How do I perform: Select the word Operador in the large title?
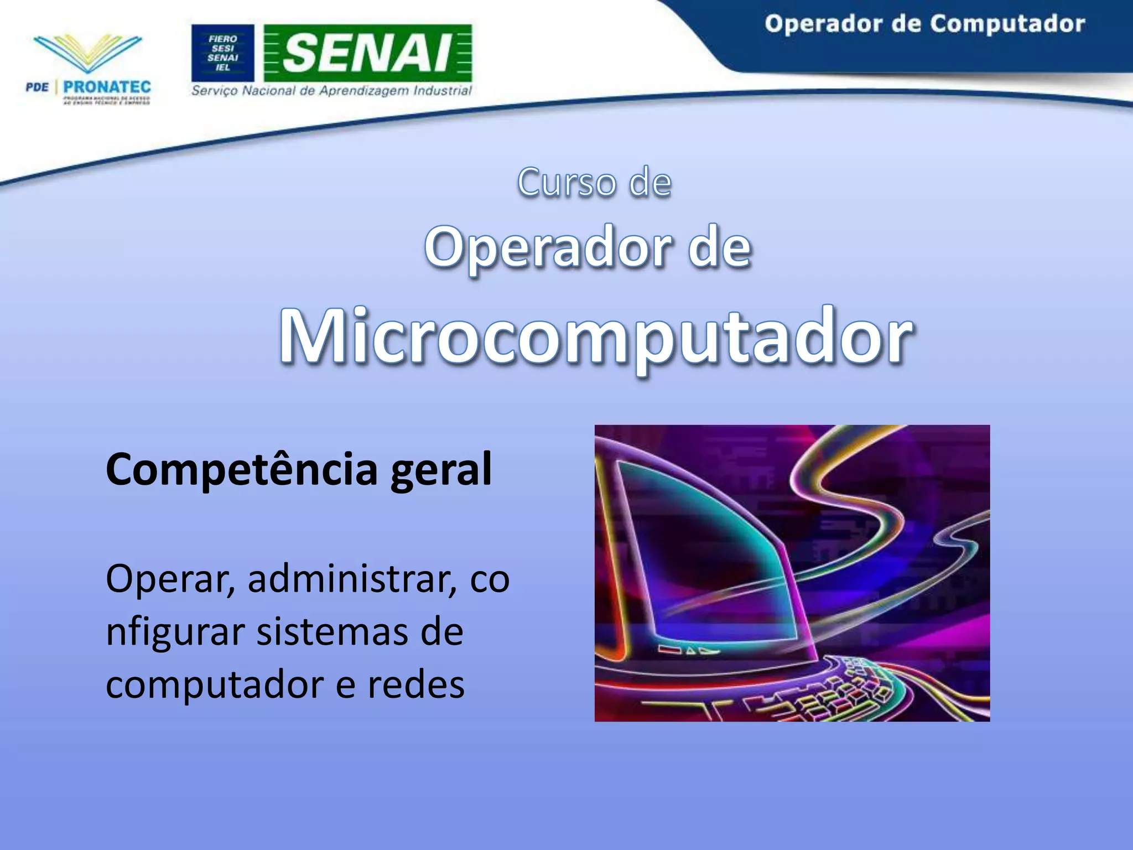point(548,248)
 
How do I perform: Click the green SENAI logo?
point(367,53)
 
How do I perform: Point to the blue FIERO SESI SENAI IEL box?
point(222,53)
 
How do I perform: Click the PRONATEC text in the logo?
point(107,87)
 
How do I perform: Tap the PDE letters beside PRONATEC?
point(37,87)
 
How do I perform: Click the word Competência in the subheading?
point(241,469)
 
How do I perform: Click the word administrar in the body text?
point(352,579)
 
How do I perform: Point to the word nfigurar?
point(175,632)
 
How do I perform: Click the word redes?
point(416,685)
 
